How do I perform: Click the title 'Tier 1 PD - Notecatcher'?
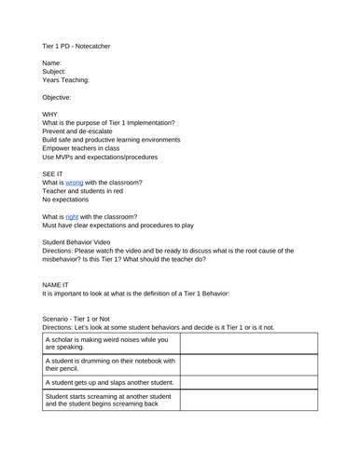point(81,45)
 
